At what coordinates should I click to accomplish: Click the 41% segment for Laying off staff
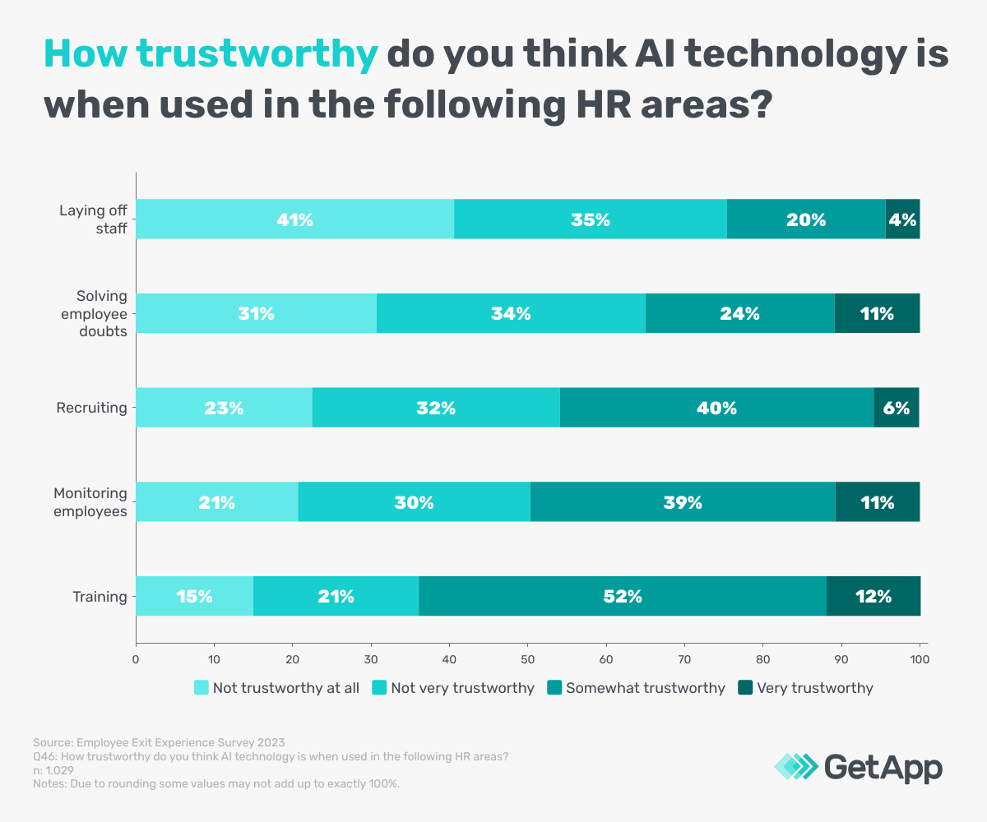tap(294, 219)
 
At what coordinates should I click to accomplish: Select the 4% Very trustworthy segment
tap(902, 219)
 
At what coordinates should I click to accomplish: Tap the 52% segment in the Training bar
tap(623, 597)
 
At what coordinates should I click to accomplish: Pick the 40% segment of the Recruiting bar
tap(716, 408)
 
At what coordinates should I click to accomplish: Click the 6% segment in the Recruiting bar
tap(897, 408)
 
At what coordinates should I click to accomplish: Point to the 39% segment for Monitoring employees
tap(683, 502)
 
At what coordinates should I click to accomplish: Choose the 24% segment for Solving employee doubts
tap(739, 313)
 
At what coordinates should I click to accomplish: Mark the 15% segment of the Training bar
tap(194, 597)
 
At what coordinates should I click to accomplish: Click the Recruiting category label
tap(91, 408)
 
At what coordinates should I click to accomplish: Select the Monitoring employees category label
tap(90, 502)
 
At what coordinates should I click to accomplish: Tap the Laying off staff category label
tap(93, 219)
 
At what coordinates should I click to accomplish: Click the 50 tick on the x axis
tap(528, 659)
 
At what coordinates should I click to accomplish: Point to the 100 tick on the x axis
tap(920, 659)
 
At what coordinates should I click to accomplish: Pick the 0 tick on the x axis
tap(136, 659)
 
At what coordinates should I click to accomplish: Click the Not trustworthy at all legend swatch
tap(201, 688)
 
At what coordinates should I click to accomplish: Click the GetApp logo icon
tap(796, 768)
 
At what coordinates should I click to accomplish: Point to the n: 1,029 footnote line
tap(53, 770)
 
